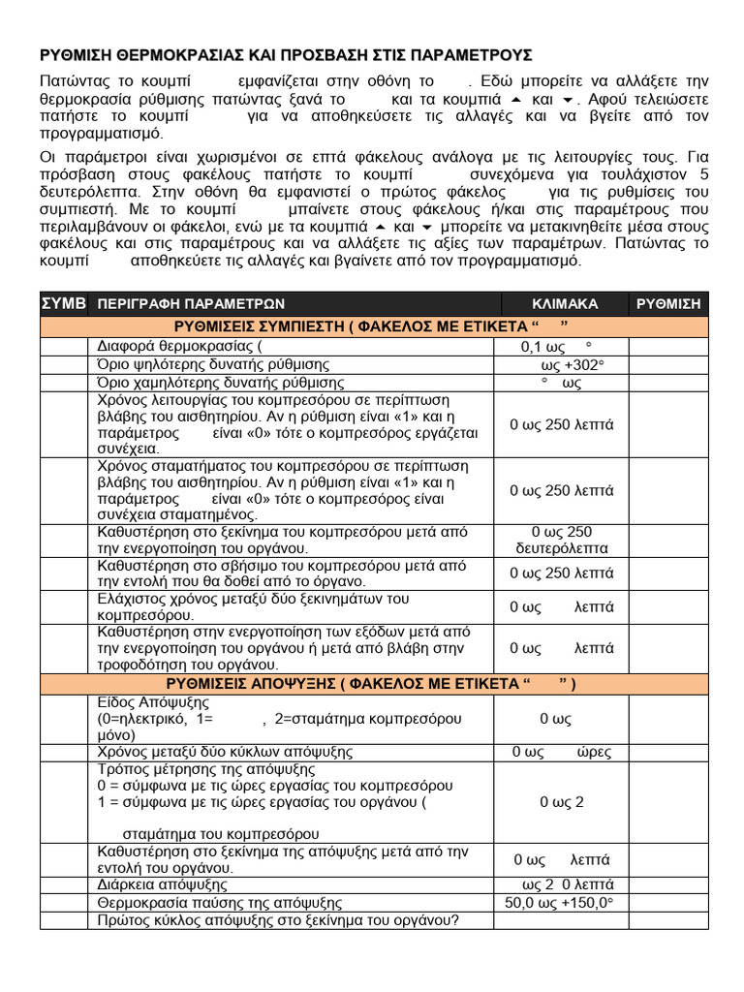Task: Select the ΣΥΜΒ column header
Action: click(63, 303)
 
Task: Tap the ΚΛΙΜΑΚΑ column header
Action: click(565, 304)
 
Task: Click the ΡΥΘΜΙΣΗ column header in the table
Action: click(667, 304)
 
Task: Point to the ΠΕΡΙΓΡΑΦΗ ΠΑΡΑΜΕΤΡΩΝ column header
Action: click(191, 304)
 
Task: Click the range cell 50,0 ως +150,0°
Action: click(561, 903)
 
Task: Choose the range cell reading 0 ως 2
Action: click(562, 802)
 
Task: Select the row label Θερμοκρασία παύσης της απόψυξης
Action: click(220, 903)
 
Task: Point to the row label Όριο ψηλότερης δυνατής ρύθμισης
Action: click(213, 365)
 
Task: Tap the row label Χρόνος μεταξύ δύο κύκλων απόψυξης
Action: click(225, 752)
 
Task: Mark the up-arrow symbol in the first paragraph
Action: click(516, 100)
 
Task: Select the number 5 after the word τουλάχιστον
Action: click(703, 174)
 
